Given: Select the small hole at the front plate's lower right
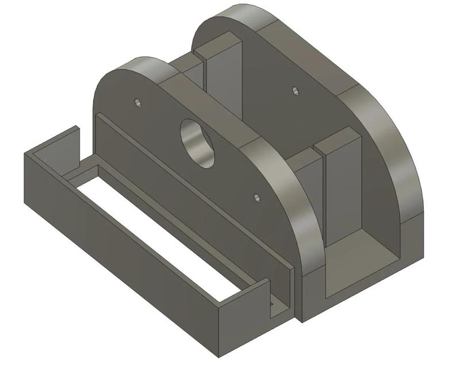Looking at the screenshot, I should [x=256, y=197].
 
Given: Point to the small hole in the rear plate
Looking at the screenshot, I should [x=295, y=90].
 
